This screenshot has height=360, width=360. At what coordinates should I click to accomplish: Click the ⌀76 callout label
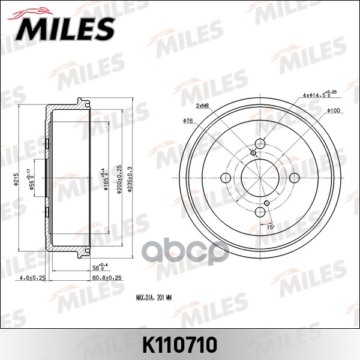pos(187,122)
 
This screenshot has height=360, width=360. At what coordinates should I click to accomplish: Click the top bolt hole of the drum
pos(261,144)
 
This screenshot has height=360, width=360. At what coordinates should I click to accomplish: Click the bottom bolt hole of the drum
pos(261,212)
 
